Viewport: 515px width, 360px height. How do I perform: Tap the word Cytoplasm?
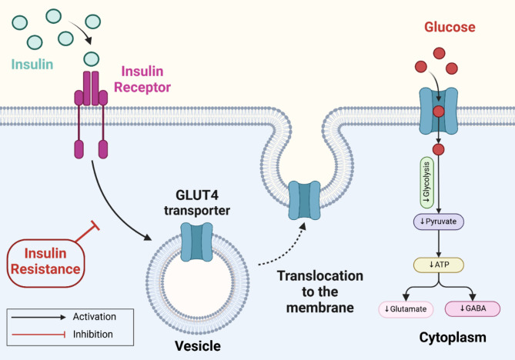(x=455, y=338)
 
